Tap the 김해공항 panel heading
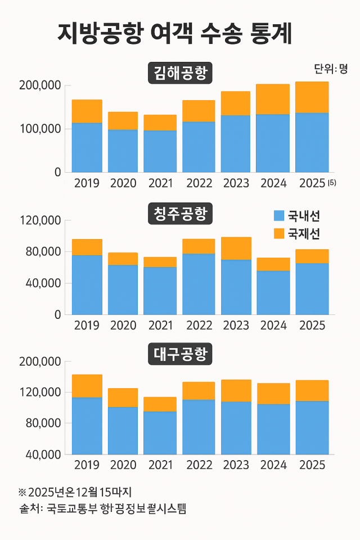(x=180, y=74)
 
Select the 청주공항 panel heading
(x=180, y=214)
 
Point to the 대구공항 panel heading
(x=180, y=355)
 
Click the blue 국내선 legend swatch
(x=278, y=215)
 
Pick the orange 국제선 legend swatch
(x=278, y=232)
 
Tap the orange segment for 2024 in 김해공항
(x=273, y=99)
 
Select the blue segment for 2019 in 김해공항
(x=87, y=147)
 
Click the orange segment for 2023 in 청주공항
(x=236, y=248)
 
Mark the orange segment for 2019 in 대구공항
(x=87, y=386)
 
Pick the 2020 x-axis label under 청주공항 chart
(x=123, y=326)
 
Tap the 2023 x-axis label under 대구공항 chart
(x=236, y=466)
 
